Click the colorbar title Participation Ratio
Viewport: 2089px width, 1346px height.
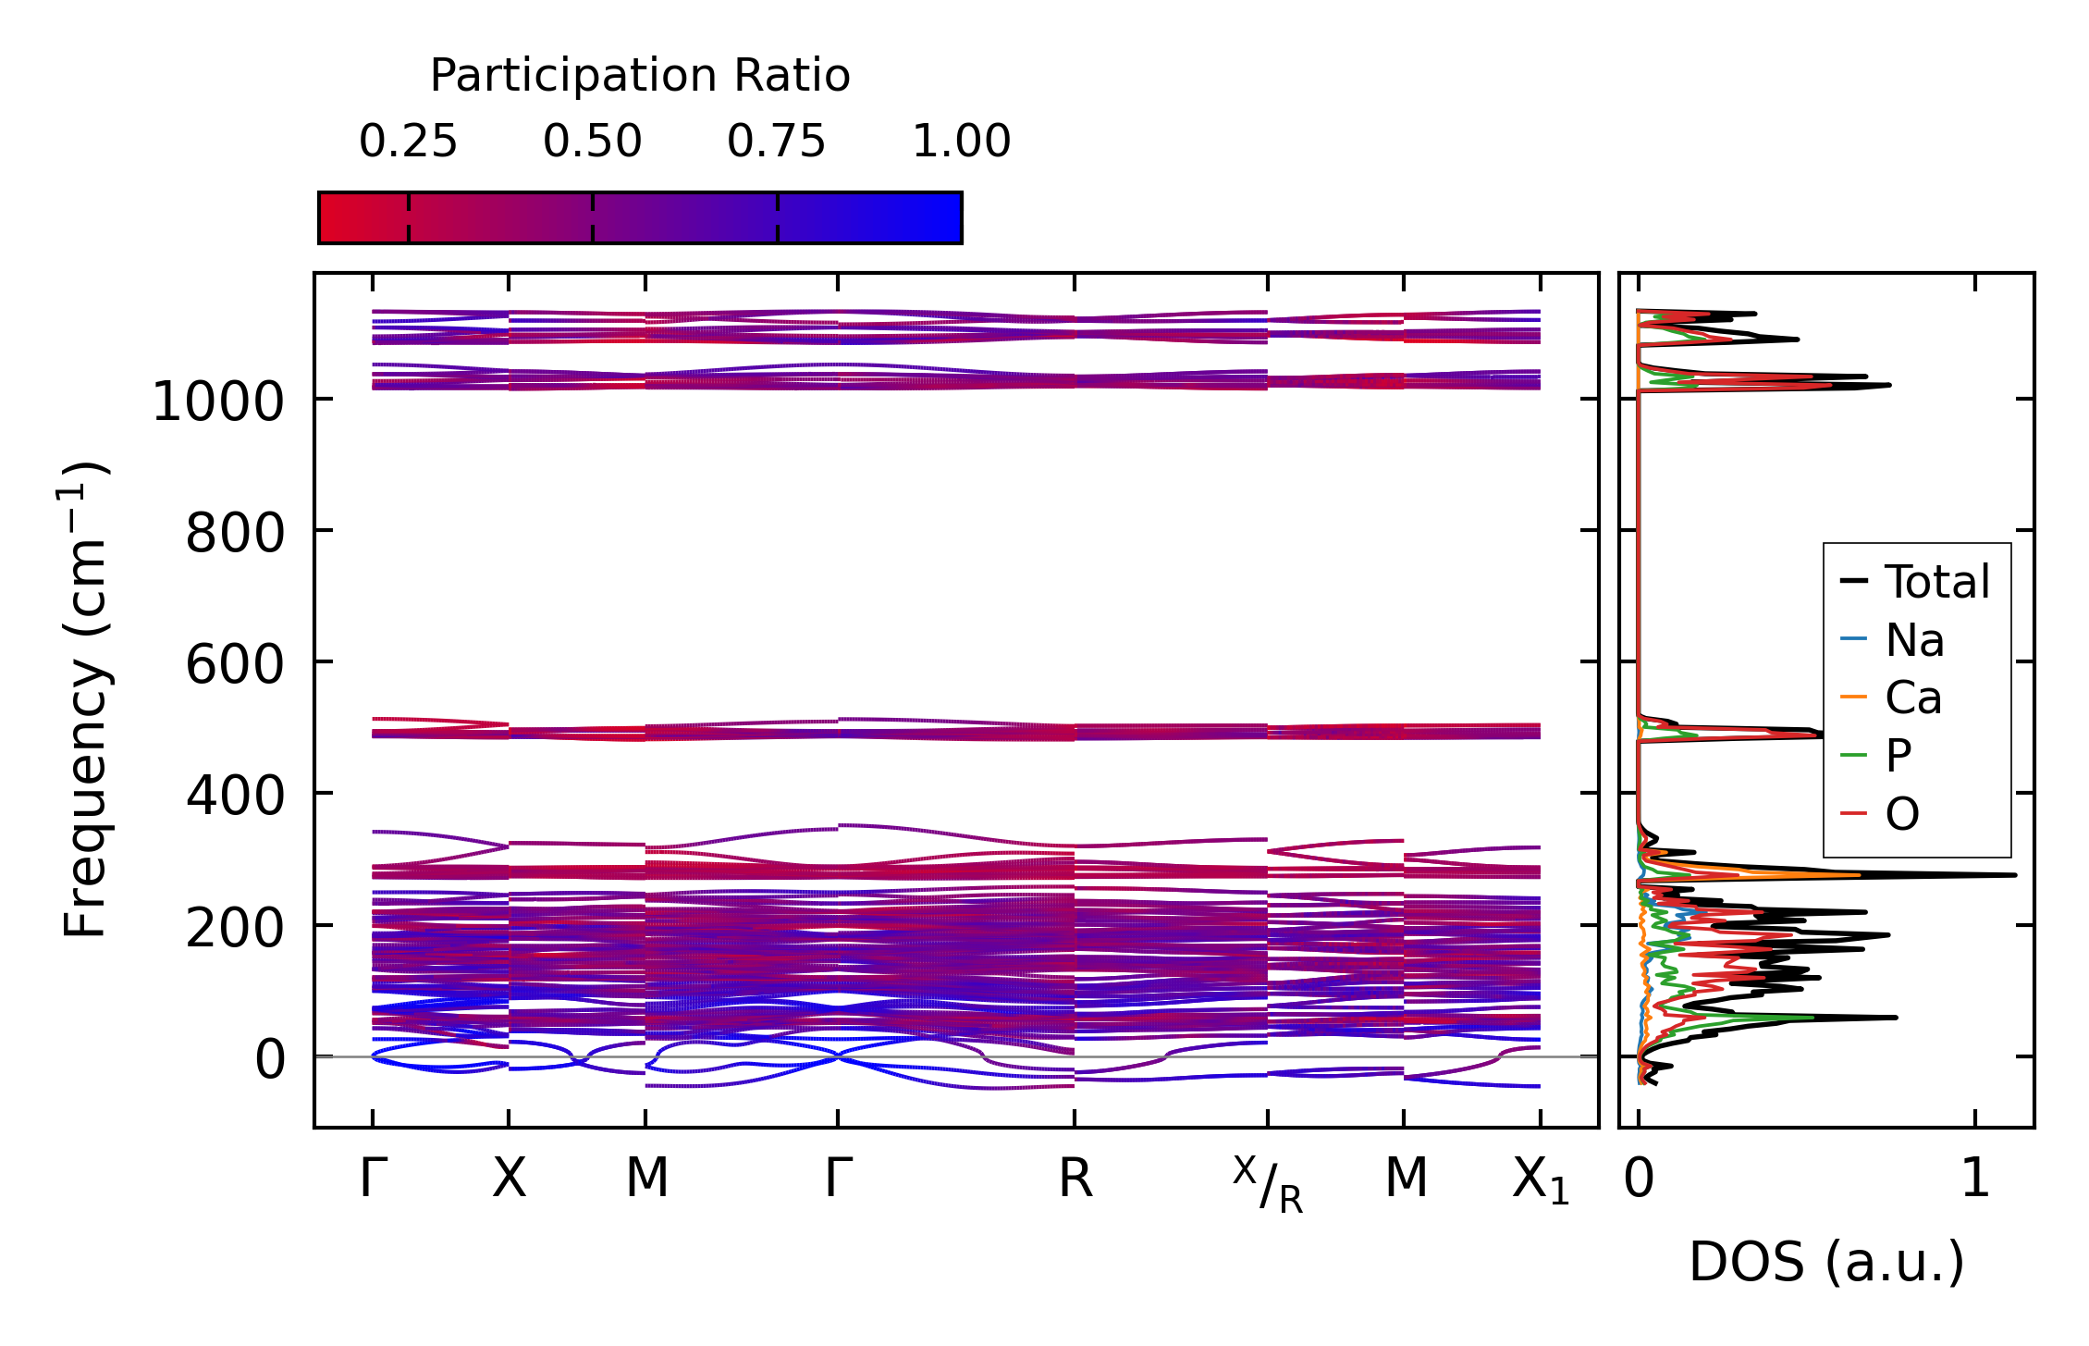tap(639, 76)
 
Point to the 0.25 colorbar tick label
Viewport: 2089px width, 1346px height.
tap(408, 142)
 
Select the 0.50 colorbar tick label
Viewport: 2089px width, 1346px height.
tap(592, 142)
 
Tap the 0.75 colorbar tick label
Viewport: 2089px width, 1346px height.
tap(776, 142)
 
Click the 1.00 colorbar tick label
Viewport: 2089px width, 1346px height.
tap(961, 142)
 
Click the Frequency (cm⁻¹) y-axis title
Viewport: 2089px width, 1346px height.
tap(85, 700)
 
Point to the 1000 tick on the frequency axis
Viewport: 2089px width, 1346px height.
tap(217, 402)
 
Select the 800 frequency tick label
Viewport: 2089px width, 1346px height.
tap(235, 534)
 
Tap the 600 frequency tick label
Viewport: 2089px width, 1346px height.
tap(235, 665)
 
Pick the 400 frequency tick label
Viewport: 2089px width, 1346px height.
tap(235, 796)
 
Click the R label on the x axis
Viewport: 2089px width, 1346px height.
tap(1075, 1179)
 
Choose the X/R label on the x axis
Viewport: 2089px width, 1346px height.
tap(1268, 1185)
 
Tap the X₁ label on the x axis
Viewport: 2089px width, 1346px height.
tap(1541, 1181)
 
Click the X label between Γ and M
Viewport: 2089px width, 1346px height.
tap(509, 1179)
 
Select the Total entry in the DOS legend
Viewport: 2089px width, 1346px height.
tap(1936, 582)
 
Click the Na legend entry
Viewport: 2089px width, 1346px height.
tap(1914, 640)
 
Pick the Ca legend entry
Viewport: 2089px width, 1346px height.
tap(1913, 698)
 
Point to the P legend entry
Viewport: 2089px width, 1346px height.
tap(1899, 756)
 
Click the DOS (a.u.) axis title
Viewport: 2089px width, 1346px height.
tap(1826, 1262)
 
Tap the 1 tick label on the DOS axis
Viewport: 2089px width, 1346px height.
tap(1975, 1179)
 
